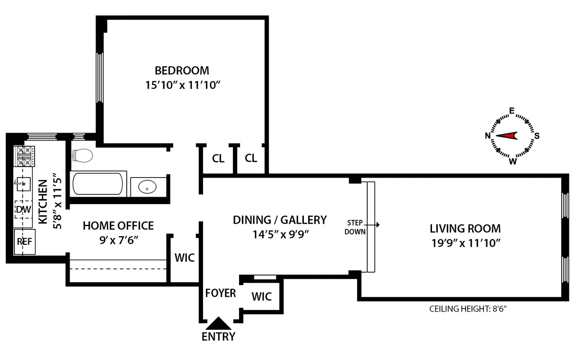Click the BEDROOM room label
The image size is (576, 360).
182,71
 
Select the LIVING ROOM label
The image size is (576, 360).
465,229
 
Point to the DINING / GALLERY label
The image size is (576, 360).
279,220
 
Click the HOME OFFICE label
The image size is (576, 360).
118,226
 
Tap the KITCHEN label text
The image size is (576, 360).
42,202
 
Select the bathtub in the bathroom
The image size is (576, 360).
98,183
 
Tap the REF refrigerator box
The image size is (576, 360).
24,241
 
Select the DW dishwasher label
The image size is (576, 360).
22,210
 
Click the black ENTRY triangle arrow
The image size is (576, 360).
218,323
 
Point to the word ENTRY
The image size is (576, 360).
218,336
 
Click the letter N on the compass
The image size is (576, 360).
488,136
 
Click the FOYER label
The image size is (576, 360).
220,293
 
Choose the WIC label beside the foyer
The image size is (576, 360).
262,297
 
